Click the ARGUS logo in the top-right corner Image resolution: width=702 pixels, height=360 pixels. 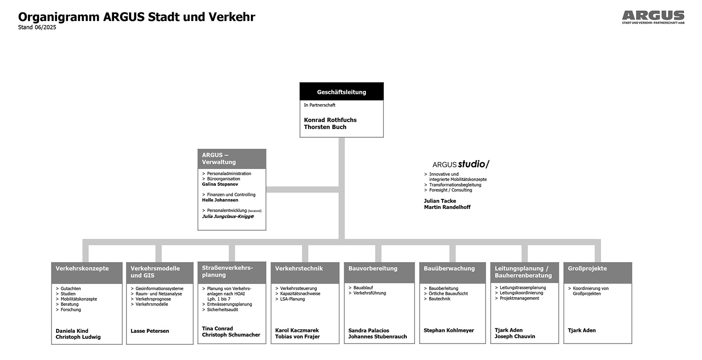[x=653, y=17]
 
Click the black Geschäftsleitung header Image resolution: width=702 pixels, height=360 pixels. [x=342, y=92]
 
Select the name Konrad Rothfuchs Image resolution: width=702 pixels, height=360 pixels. [x=330, y=120]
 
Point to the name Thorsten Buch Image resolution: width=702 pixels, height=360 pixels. [x=325, y=127]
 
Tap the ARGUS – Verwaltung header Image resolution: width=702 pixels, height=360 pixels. [x=232, y=158]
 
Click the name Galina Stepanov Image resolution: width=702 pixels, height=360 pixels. [x=220, y=184]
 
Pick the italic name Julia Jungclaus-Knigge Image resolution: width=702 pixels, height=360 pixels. [x=228, y=216]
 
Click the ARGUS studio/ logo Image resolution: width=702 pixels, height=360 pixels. [x=461, y=164]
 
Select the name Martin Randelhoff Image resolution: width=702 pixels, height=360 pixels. [x=447, y=207]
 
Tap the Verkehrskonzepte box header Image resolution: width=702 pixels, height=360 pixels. [x=87, y=273]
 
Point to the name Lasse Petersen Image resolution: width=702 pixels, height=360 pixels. [x=150, y=331]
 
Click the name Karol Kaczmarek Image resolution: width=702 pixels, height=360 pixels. [x=297, y=330]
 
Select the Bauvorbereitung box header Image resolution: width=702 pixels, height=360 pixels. [x=379, y=273]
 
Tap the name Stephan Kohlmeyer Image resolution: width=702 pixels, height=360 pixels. [x=449, y=330]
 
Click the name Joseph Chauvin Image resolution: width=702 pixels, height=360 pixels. [x=515, y=336]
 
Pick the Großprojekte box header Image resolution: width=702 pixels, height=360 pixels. [x=598, y=273]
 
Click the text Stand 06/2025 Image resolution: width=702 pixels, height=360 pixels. [x=37, y=27]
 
